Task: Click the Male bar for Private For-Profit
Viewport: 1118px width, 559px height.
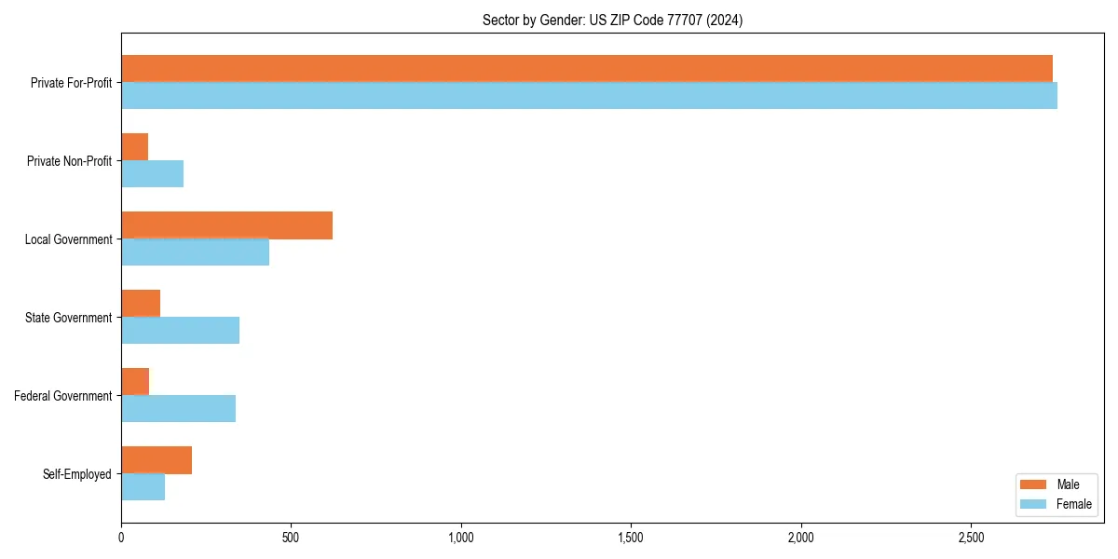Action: tap(587, 68)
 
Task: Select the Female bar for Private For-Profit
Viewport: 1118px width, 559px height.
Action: tap(589, 95)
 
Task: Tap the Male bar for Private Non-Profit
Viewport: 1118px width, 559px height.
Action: tap(135, 146)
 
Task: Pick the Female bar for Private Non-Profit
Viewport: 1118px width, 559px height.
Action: tap(153, 173)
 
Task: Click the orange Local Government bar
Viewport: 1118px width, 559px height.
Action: tap(227, 225)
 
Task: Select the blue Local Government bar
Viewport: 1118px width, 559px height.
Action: tap(196, 252)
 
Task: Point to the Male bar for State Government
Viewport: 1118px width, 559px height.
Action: tap(141, 303)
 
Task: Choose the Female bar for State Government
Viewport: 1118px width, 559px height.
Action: tap(181, 330)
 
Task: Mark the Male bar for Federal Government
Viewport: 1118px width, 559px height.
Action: tap(135, 381)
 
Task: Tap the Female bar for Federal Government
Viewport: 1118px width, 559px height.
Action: tap(179, 408)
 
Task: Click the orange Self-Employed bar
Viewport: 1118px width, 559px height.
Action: tap(157, 459)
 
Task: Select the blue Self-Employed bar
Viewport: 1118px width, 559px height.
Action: tap(143, 486)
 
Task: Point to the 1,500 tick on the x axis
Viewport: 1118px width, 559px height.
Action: tap(631, 538)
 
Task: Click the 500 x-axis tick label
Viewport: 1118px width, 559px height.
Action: tap(291, 538)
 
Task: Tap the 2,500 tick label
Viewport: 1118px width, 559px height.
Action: tap(971, 538)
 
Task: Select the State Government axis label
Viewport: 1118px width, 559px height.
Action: tap(68, 318)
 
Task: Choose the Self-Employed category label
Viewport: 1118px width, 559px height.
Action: tap(76, 474)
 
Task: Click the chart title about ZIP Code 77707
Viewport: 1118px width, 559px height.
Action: tap(612, 20)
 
